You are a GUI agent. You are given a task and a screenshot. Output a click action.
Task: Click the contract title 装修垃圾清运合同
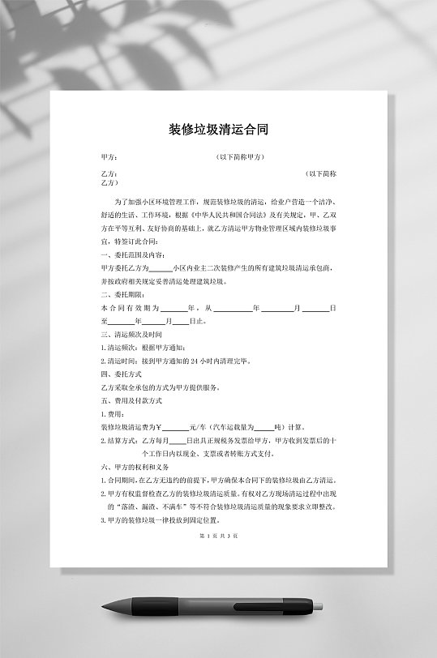(x=218, y=130)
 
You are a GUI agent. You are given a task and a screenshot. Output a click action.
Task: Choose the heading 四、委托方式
(x=122, y=374)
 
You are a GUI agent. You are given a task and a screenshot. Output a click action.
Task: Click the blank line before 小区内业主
(x=161, y=268)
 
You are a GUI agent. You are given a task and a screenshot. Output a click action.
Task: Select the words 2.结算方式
(x=118, y=441)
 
